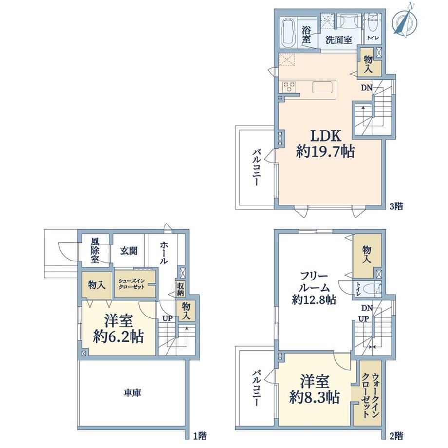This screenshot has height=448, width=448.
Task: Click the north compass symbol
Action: pyautogui.click(x=405, y=20)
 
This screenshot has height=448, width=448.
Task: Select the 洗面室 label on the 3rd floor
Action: pyautogui.click(x=339, y=40)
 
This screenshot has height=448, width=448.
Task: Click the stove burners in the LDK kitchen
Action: pyautogui.click(x=289, y=87)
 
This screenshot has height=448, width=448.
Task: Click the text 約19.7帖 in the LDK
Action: pyautogui.click(x=325, y=151)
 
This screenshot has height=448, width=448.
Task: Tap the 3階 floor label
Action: pyautogui.click(x=396, y=206)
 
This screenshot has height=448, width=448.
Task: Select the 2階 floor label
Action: pyautogui.click(x=396, y=436)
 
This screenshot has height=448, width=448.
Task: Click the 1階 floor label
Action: pyautogui.click(x=200, y=436)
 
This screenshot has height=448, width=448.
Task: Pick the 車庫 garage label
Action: pyautogui.click(x=132, y=393)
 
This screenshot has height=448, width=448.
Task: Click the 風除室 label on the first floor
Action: pyautogui.click(x=95, y=251)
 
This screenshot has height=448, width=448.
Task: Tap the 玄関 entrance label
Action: pyautogui.click(x=129, y=251)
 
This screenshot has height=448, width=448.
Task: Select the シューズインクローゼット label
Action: pyautogui.click(x=131, y=284)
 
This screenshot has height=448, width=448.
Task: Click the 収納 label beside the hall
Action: pyautogui.click(x=181, y=289)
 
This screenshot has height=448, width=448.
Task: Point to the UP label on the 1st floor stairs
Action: pyautogui.click(x=167, y=318)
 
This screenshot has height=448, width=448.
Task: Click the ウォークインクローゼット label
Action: pyautogui.click(x=370, y=396)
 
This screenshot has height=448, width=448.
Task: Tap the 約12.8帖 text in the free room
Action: pyautogui.click(x=314, y=299)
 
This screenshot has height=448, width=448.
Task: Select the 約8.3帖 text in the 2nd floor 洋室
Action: pyautogui.click(x=315, y=397)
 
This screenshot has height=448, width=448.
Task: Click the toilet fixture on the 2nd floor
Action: pyautogui.click(x=373, y=289)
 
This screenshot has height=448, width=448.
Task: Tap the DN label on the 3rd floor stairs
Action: pyautogui.click(x=367, y=88)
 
